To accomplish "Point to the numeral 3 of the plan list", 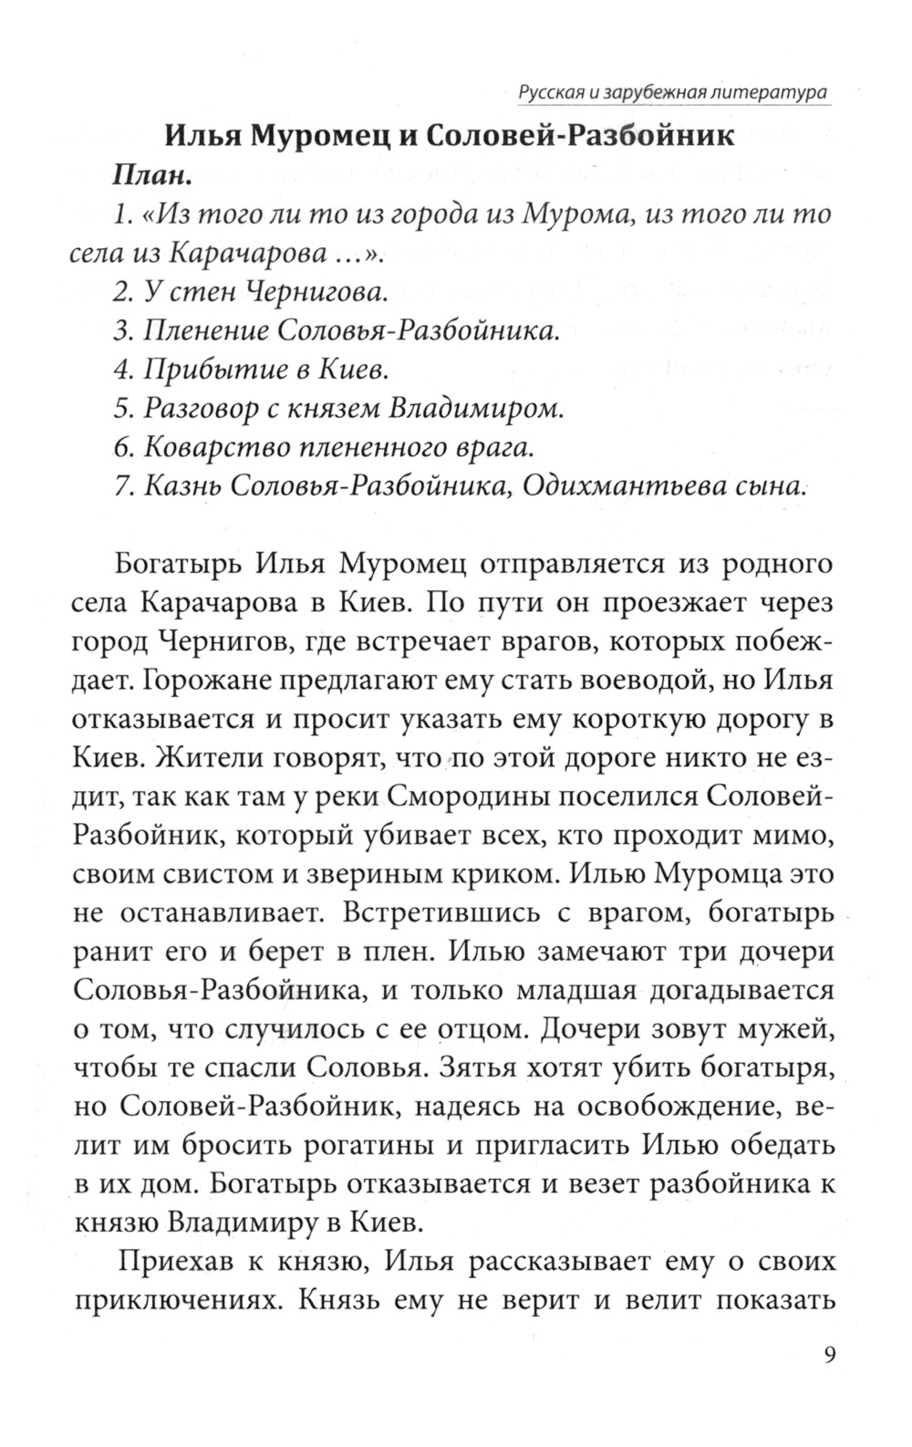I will (x=122, y=331).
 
